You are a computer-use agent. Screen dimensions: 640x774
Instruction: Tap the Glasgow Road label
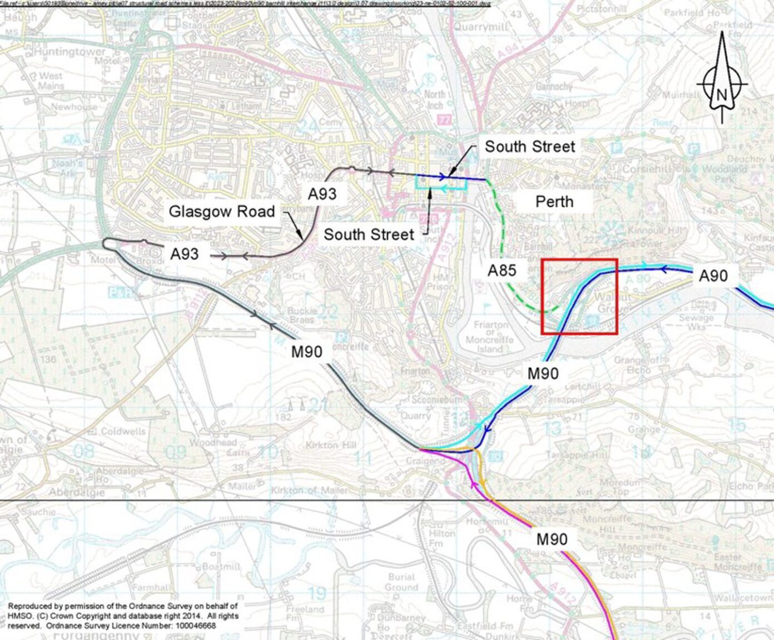point(222,212)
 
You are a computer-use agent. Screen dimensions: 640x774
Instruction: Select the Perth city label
point(554,201)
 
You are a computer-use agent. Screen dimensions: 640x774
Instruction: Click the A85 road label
point(502,271)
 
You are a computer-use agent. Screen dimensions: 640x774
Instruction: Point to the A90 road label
point(713,276)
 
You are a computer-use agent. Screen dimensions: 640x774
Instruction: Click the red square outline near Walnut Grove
point(579,259)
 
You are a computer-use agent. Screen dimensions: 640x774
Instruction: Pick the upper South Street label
point(529,147)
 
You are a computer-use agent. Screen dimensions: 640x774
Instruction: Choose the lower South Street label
point(369,234)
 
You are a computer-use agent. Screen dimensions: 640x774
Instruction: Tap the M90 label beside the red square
point(543,373)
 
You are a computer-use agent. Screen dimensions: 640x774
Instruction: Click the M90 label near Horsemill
point(552,539)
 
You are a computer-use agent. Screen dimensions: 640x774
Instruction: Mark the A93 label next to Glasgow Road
point(322,194)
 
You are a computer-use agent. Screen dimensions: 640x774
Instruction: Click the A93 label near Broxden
point(184,254)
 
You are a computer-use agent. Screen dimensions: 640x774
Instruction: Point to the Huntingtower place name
point(70,52)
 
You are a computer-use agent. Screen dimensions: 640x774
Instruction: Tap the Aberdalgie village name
point(76,492)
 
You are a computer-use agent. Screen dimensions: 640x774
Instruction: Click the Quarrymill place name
point(482,27)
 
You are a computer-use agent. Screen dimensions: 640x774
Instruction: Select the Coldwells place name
point(123,431)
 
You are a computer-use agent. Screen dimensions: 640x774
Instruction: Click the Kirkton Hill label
point(330,445)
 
